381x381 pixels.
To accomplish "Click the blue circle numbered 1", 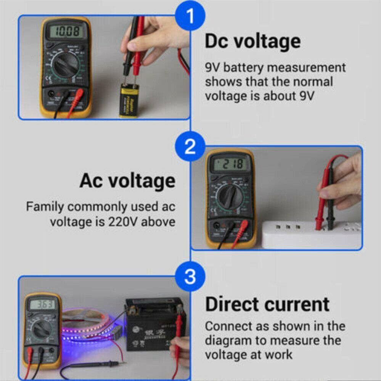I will (190, 16).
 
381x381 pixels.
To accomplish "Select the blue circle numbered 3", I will (190, 277).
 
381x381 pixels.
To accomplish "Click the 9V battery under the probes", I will (129, 100).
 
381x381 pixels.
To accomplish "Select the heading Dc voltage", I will (252, 42).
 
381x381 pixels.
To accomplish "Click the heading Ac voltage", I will (127, 181).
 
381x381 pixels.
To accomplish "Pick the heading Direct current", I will (267, 304).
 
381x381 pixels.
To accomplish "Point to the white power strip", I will (311, 235).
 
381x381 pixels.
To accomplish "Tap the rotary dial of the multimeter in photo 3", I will (42, 328).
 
